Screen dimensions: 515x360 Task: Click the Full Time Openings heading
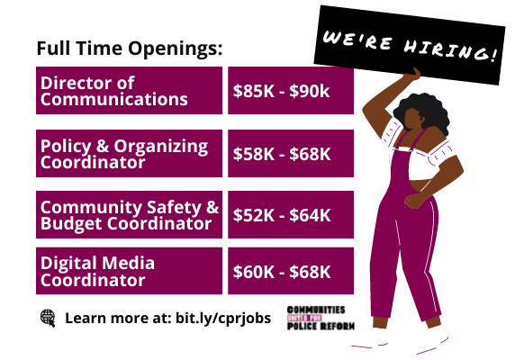(x=130, y=49)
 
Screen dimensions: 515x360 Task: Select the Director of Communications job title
(x=114, y=91)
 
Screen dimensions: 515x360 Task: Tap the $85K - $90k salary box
(x=291, y=91)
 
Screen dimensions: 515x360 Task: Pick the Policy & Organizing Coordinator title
(x=124, y=154)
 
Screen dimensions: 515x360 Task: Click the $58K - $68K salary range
(x=282, y=154)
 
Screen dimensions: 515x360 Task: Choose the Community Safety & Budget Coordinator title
(x=130, y=215)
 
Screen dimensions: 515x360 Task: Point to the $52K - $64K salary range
(x=282, y=215)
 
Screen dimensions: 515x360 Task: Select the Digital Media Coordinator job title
(x=97, y=272)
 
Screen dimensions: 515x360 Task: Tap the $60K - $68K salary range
(x=282, y=272)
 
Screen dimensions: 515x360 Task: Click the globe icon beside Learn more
(x=48, y=318)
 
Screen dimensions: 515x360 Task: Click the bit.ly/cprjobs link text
(x=223, y=319)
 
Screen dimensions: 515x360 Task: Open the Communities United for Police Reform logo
(x=321, y=318)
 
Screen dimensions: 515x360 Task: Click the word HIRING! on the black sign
(x=450, y=50)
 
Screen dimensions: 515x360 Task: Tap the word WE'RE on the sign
(x=357, y=40)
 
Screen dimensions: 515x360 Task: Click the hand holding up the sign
(x=413, y=75)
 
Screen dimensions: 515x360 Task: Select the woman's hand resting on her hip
(x=414, y=200)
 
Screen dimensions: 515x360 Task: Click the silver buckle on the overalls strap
(x=402, y=149)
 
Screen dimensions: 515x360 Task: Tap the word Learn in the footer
(x=84, y=318)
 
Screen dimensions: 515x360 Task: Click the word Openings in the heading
(x=175, y=49)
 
